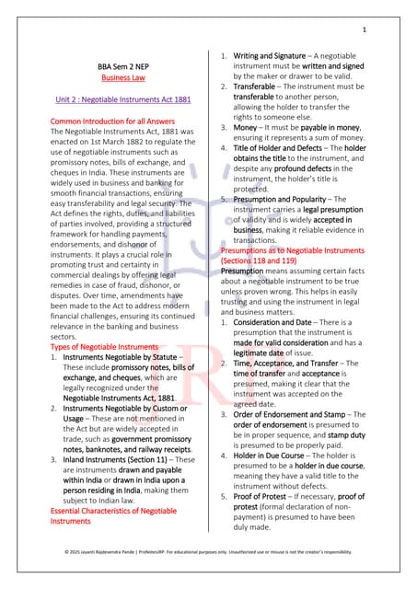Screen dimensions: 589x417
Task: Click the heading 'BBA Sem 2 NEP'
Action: coord(129,66)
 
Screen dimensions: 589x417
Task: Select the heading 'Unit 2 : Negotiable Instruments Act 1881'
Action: coord(129,98)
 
